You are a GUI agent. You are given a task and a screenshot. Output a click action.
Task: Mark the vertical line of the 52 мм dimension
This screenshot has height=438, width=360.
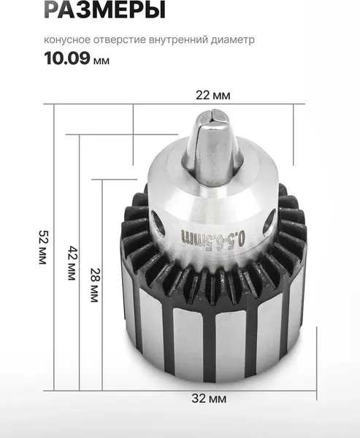coord(53,247)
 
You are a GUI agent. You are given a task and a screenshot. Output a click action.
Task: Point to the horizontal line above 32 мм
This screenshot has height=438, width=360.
coord(212,388)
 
